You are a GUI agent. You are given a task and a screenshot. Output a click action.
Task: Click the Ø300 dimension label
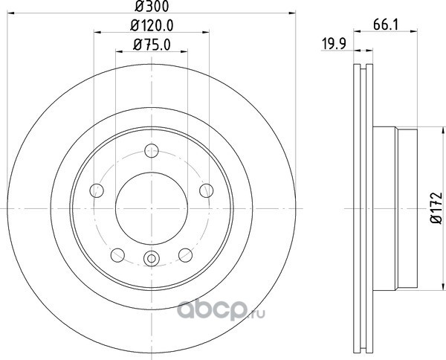coord(152,6)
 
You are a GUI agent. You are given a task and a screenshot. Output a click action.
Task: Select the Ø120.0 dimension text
coord(152,26)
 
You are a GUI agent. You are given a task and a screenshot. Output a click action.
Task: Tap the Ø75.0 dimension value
coord(152,45)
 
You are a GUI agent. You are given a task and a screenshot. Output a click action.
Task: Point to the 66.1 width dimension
coord(385,25)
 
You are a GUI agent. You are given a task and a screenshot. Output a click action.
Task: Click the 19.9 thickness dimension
coord(334,44)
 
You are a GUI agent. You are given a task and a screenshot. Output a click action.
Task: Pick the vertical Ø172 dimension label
coord(437,208)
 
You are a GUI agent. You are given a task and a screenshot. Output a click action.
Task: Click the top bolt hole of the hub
coord(152,150)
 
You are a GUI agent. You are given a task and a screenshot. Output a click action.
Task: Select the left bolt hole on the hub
coord(97,190)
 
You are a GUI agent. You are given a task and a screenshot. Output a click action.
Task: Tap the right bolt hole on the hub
coord(207,190)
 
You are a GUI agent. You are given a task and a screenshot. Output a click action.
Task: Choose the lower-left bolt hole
coord(117,255)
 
